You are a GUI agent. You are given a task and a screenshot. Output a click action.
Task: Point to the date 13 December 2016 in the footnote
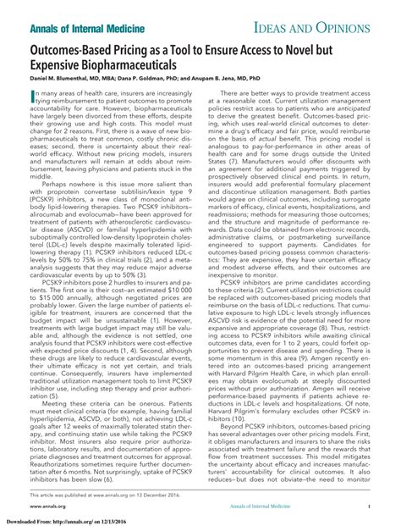coord(146,491)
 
